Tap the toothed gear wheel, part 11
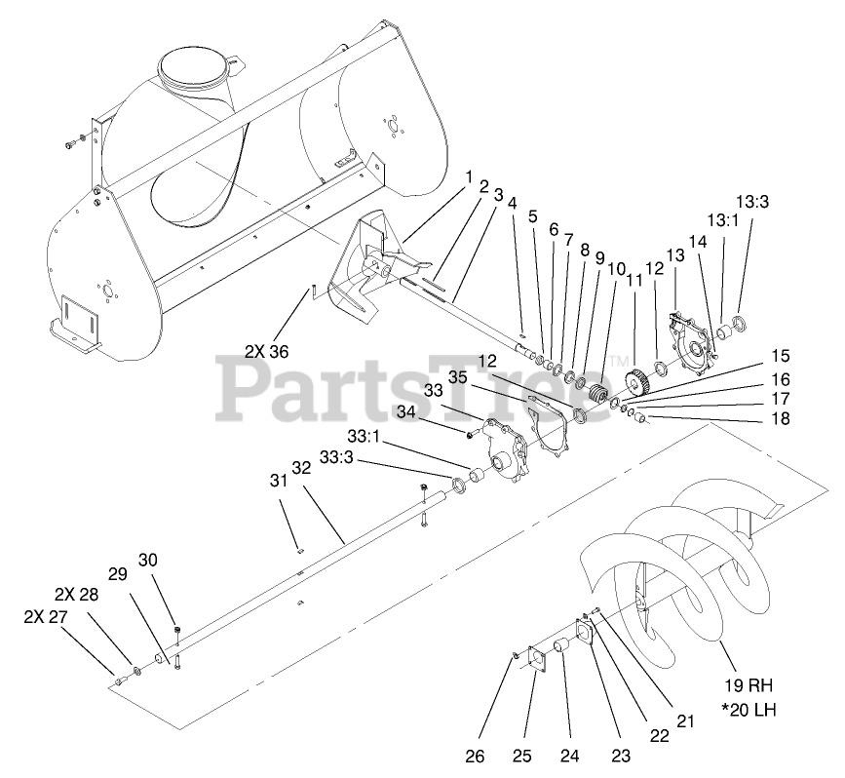coord(632,381)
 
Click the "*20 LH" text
coord(749,707)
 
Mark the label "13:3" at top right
coord(752,203)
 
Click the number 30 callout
coord(147,560)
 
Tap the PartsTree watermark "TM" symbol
coord(620,361)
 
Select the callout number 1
coord(469,179)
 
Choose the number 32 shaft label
coord(300,467)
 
